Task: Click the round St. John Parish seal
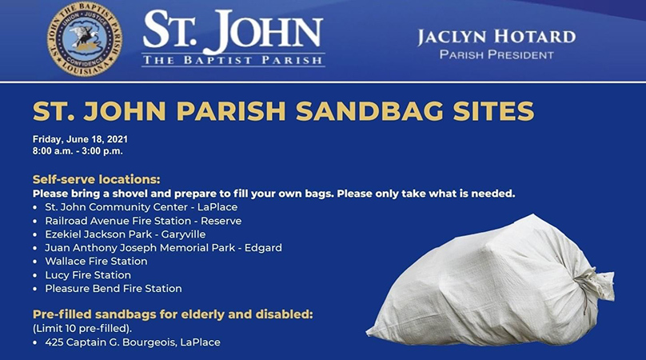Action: (x=85, y=38)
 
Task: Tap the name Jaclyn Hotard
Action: (x=496, y=37)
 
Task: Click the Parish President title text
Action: (x=496, y=55)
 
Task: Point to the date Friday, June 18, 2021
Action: (x=80, y=139)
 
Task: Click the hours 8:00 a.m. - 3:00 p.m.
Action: (x=78, y=151)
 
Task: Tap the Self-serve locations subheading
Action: (x=97, y=179)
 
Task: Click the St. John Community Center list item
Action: (x=142, y=207)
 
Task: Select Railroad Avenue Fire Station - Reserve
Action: (x=143, y=221)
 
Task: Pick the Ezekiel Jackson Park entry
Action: (x=126, y=234)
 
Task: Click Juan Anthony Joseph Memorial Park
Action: (x=140, y=248)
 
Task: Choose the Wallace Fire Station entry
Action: (x=96, y=262)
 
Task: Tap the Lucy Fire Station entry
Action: (x=88, y=275)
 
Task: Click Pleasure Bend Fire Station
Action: (x=114, y=289)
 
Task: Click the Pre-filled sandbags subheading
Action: (x=173, y=314)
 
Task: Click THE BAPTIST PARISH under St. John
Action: (x=233, y=61)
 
